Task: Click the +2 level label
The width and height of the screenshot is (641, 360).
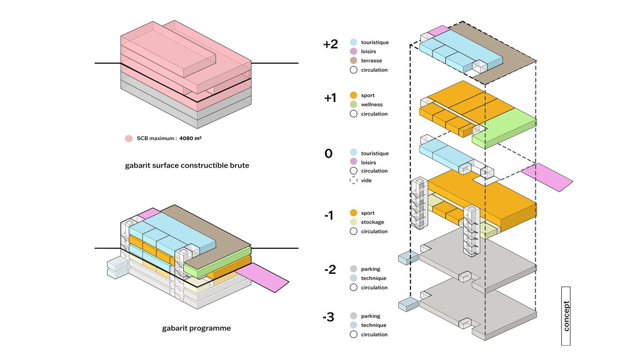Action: tap(330, 44)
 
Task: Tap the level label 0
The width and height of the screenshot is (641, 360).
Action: tap(328, 154)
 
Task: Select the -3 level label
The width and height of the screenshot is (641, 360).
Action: tap(328, 317)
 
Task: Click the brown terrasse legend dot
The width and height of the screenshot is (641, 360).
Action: tap(353, 61)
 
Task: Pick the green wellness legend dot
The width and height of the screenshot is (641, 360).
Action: tap(353, 105)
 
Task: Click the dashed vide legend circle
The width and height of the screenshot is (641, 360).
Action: tap(353, 180)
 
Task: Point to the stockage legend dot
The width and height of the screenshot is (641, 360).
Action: tap(353, 222)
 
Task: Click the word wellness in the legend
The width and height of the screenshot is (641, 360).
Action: tap(372, 105)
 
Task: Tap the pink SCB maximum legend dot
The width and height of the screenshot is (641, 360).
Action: tap(129, 138)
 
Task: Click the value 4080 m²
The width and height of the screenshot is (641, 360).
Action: tap(190, 138)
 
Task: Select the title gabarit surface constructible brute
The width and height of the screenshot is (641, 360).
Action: tap(187, 166)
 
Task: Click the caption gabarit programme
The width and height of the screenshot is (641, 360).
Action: tap(196, 328)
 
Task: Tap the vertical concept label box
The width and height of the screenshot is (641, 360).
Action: tap(566, 316)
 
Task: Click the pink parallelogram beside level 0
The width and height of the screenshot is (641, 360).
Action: tap(547, 177)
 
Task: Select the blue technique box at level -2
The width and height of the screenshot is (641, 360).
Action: tap(408, 258)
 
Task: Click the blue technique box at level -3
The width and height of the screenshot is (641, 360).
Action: tap(408, 304)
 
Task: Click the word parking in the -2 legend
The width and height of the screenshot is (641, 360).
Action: tap(370, 269)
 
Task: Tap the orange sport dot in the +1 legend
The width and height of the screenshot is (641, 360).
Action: tap(353, 95)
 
